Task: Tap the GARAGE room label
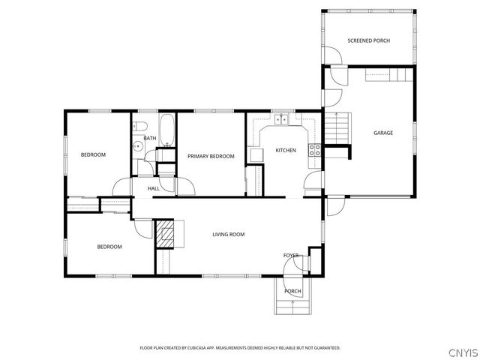[383, 133]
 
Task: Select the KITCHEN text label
[286, 151]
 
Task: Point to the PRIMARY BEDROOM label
[211, 156]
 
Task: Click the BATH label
[150, 138]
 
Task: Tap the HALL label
[153, 188]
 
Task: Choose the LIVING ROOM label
[229, 235]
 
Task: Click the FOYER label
[291, 256]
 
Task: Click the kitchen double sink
[283, 119]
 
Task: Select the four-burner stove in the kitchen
[316, 148]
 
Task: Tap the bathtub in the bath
[166, 130]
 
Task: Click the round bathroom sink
[138, 148]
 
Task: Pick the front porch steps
[292, 306]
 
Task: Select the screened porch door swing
[331, 55]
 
